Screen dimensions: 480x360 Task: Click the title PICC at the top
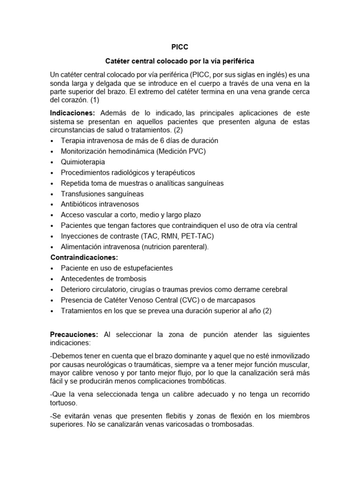(x=180, y=47)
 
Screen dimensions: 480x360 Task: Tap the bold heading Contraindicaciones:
(x=84, y=257)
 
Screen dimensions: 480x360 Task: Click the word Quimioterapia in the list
(x=83, y=162)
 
